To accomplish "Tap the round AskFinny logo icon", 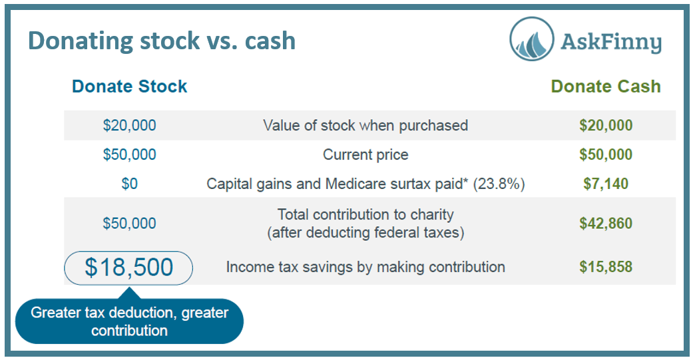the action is (532, 39).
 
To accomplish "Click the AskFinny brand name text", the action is (611, 43).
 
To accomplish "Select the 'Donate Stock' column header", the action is (129, 87).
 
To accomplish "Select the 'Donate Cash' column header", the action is (606, 87).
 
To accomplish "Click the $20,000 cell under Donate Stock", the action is (129, 125).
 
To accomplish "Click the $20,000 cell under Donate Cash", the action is (606, 125).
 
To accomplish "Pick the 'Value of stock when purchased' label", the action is (365, 125).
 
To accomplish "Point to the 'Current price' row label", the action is (365, 154).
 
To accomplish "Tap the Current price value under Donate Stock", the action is (129, 154).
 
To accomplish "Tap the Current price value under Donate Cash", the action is (606, 154).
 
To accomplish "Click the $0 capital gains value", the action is (129, 184).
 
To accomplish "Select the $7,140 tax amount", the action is (606, 184).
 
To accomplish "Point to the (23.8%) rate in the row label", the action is (499, 184).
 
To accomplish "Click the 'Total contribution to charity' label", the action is (365, 214).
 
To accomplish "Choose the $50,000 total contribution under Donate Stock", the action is (129, 223).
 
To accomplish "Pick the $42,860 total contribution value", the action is (606, 223).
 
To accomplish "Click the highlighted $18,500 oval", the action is (128, 268).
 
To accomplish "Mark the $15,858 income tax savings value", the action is (606, 267).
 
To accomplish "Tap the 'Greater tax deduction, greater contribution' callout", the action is (129, 321).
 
